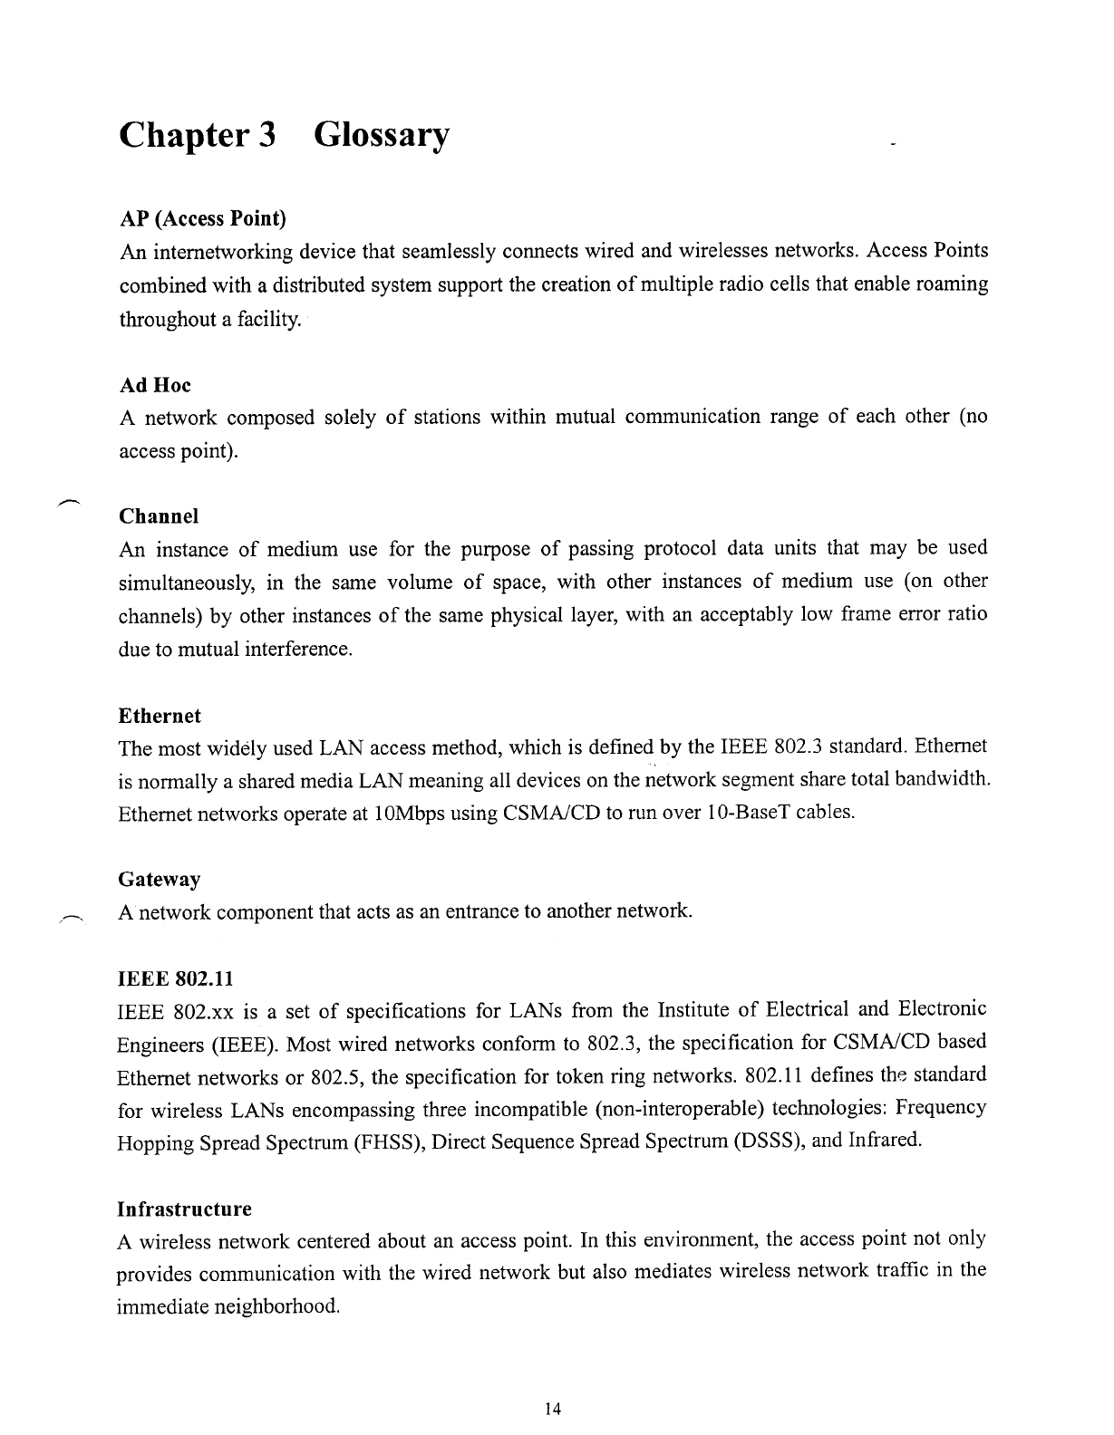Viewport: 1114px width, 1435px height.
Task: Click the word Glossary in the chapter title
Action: (x=381, y=137)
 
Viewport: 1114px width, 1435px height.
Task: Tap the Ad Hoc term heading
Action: (x=155, y=385)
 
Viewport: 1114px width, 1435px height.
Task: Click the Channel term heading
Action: (x=159, y=516)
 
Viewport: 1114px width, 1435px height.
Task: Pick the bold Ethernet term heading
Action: (x=160, y=716)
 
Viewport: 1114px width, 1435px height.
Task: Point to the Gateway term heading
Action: (x=160, y=880)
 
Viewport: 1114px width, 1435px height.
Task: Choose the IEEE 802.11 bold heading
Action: (x=175, y=979)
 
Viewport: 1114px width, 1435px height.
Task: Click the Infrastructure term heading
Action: (x=185, y=1209)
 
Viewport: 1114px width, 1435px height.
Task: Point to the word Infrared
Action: (x=885, y=1141)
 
